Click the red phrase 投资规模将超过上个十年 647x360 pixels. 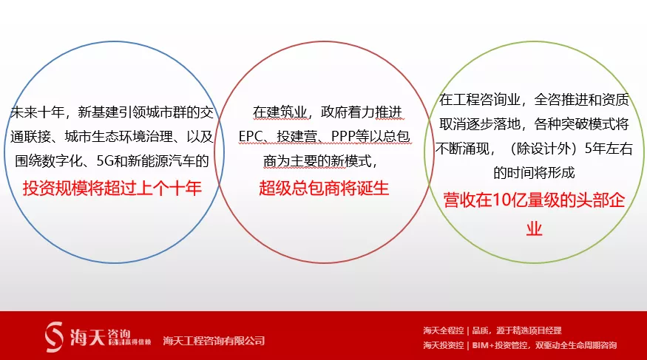(x=112, y=188)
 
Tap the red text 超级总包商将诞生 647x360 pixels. (x=324, y=188)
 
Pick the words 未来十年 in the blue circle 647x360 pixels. (x=37, y=112)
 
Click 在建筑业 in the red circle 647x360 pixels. (x=280, y=112)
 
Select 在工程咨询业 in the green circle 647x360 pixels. (x=479, y=99)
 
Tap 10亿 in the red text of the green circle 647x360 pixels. (x=502, y=200)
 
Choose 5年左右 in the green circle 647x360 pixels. (x=609, y=149)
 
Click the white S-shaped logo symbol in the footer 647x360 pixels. (x=54, y=337)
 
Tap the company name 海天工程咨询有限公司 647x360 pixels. (x=214, y=341)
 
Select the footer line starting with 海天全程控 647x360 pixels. (x=492, y=330)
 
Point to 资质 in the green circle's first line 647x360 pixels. (x=615, y=99)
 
